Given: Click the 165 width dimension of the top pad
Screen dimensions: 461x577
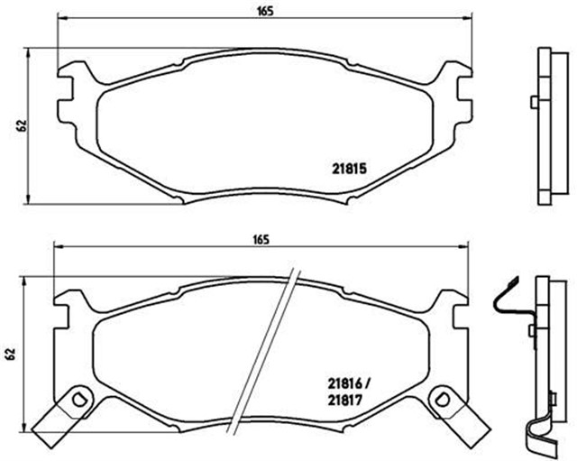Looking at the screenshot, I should (x=263, y=12).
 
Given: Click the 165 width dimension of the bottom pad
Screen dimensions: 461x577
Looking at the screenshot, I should (x=261, y=239).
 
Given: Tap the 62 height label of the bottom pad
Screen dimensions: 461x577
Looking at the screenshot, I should (x=12, y=354).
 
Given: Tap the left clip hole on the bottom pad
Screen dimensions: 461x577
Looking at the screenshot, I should (x=78, y=399).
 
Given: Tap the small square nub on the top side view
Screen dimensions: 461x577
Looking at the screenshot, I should (x=534, y=100).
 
